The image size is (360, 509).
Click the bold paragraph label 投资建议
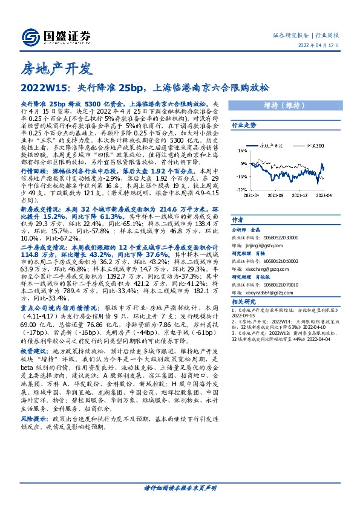click(x=33, y=351)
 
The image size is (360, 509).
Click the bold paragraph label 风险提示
click(x=33, y=418)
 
